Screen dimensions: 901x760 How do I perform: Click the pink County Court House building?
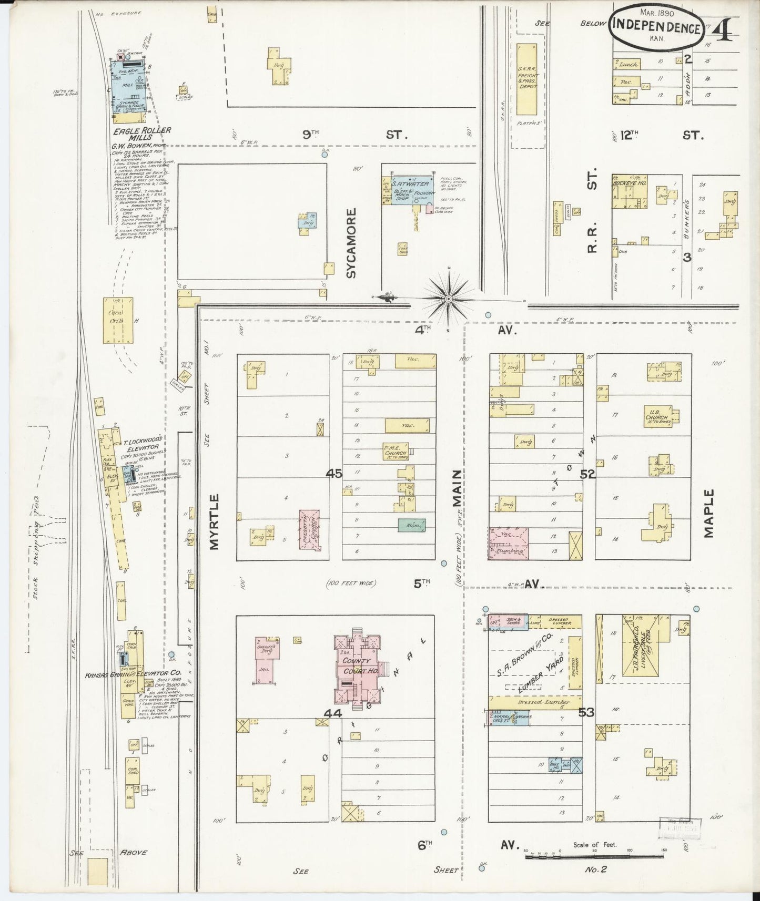tap(358, 666)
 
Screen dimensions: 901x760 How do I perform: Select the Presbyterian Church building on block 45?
tap(309, 530)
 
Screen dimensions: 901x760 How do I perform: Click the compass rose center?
tap(449, 299)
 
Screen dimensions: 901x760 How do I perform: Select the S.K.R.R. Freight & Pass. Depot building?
tap(526, 79)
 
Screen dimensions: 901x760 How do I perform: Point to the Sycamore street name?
tap(351, 243)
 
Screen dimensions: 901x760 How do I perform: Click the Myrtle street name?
tap(214, 521)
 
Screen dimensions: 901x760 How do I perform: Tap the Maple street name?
tap(709, 513)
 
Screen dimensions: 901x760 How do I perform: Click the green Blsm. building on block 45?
tap(411, 524)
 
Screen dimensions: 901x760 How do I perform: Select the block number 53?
tap(586, 712)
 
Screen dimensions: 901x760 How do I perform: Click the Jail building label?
tap(265, 669)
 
